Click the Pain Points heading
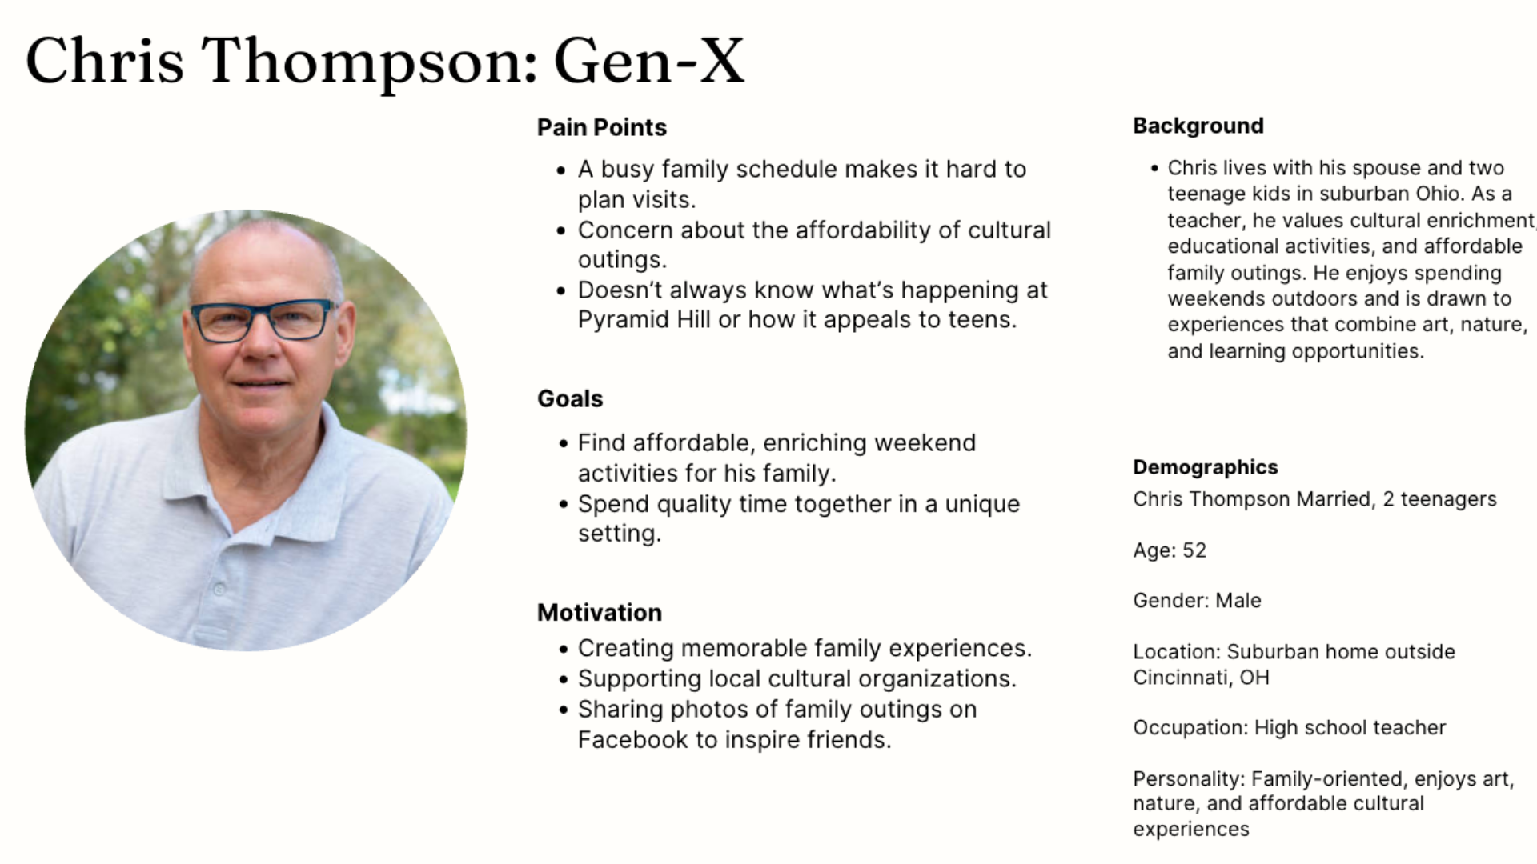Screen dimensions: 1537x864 click(601, 127)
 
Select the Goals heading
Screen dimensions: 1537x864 click(570, 398)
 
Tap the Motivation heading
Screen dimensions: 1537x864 click(600, 613)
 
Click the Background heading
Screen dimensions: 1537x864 click(1198, 126)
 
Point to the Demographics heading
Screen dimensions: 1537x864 click(1206, 467)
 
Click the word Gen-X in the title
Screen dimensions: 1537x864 click(649, 61)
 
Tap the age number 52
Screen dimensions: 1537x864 click(1194, 550)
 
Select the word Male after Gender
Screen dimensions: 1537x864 click(1238, 601)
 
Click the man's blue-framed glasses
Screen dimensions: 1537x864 click(263, 320)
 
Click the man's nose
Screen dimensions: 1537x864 click(258, 340)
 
